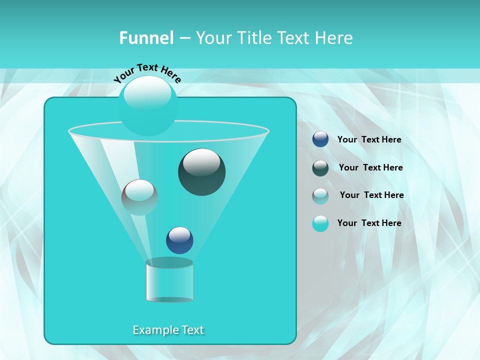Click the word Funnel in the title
(146, 38)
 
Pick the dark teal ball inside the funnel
(201, 172)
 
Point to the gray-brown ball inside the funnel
(139, 197)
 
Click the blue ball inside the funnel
(179, 240)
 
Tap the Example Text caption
(168, 330)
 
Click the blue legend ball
(320, 139)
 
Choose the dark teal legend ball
(320, 167)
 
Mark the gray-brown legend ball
(320, 195)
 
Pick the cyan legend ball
(320, 223)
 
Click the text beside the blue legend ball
(369, 139)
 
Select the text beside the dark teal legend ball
(370, 167)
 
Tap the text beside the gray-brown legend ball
(371, 195)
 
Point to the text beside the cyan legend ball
(369, 223)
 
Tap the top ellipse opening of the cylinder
(169, 262)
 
